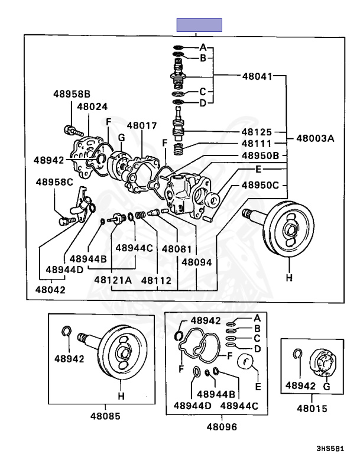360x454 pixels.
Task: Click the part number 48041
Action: tap(257, 76)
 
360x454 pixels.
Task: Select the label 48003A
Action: tap(315, 139)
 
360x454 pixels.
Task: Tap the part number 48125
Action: tap(257, 132)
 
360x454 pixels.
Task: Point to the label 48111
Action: tap(257, 144)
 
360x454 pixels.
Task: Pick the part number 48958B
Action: tap(72, 94)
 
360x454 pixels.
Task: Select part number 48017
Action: tap(142, 125)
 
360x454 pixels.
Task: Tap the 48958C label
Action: tap(54, 181)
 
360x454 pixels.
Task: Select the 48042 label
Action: tap(50, 290)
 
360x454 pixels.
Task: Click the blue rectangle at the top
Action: tap(199, 25)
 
